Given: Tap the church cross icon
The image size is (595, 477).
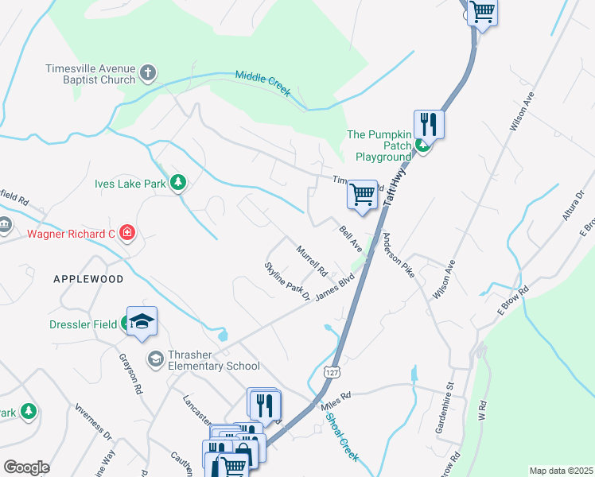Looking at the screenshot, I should click(x=147, y=74).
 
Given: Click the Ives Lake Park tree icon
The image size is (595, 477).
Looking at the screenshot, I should click(x=180, y=184).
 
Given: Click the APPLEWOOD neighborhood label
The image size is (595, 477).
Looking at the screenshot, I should click(x=88, y=279).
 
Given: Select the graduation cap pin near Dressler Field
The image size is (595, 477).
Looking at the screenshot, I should click(x=142, y=322).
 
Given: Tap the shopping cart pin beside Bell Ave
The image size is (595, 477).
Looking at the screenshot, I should click(x=363, y=194).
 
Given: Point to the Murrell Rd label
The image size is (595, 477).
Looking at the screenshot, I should click(x=312, y=261).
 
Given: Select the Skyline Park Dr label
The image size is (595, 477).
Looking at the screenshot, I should click(x=287, y=281).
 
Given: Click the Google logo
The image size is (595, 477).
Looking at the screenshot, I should click(x=26, y=467).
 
